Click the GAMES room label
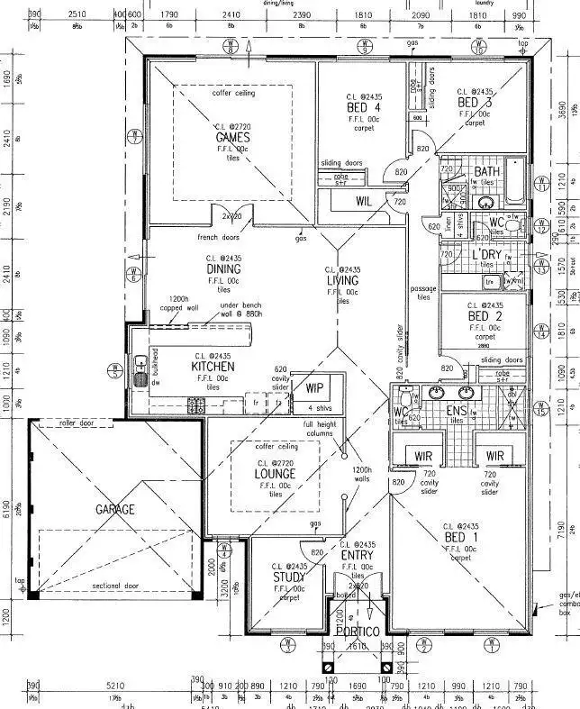[232, 138]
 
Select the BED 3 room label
[475, 103]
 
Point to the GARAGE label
[115, 510]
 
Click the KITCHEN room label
[213, 368]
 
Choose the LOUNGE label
[275, 474]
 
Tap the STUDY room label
[288, 577]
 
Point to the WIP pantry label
[314, 388]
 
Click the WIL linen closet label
[364, 201]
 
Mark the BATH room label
[487, 171]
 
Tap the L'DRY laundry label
[486, 255]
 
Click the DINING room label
[223, 268]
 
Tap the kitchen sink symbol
[140, 371]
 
